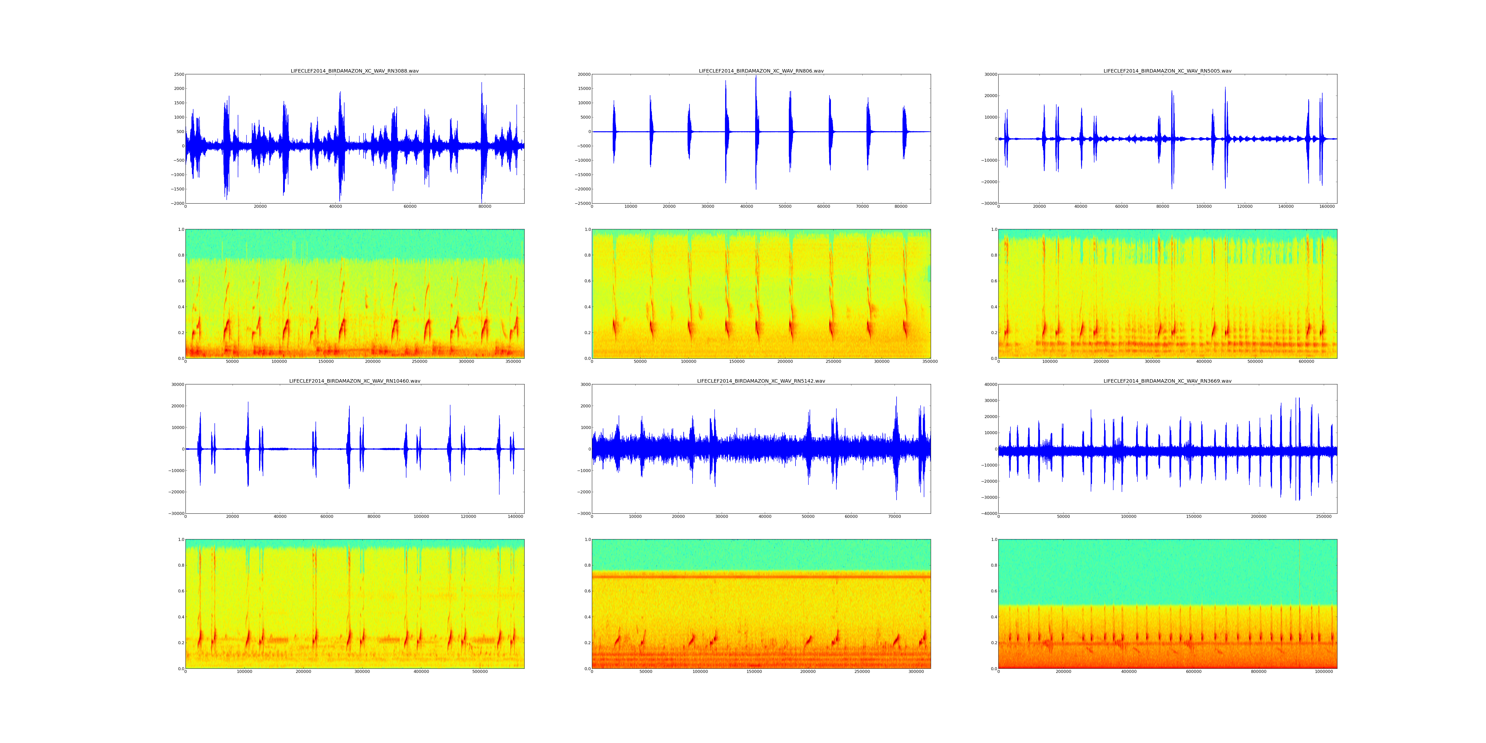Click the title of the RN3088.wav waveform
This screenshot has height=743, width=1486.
354,71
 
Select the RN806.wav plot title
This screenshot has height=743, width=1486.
761,71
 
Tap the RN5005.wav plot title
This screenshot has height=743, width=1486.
1167,71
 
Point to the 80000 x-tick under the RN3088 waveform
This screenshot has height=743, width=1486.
485,207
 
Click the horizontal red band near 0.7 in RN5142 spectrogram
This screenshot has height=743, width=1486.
761,576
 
